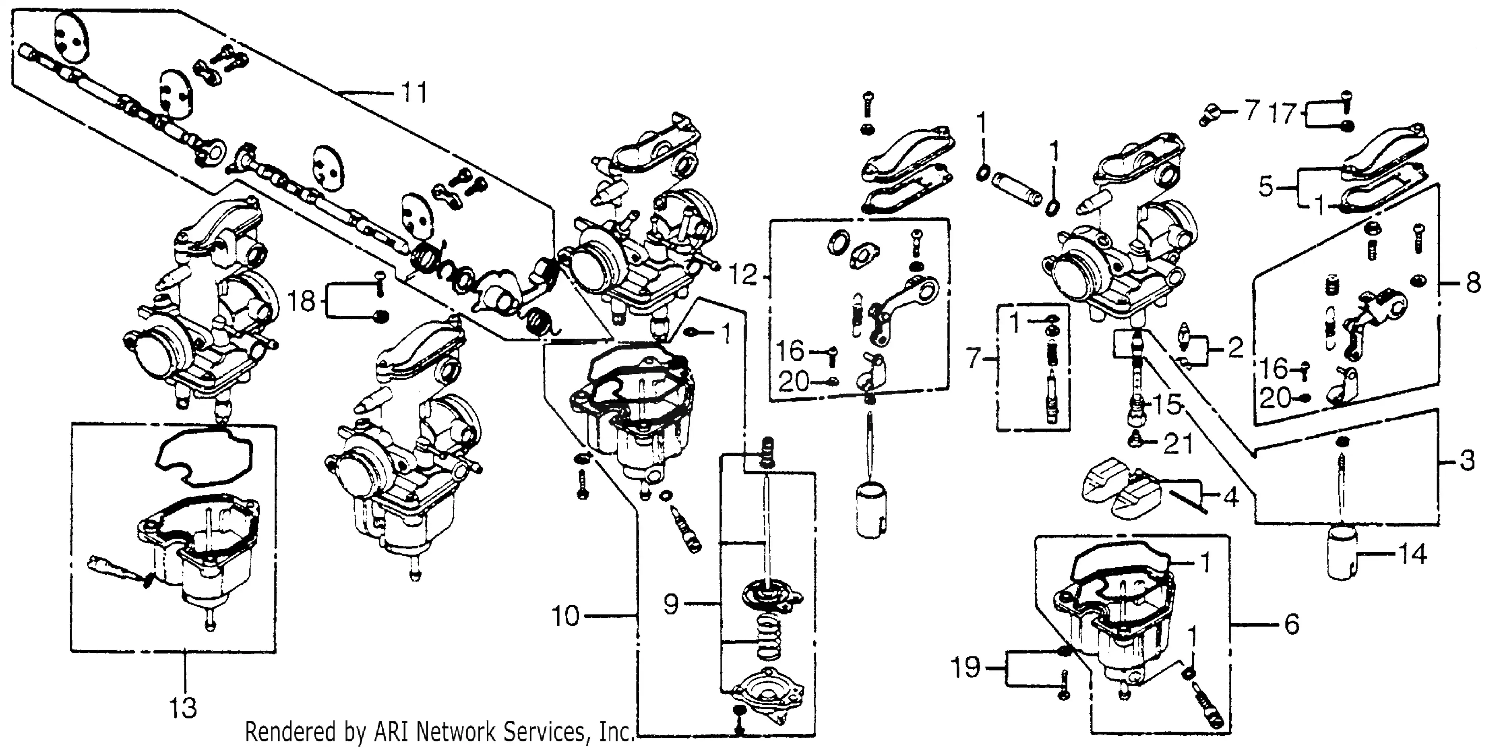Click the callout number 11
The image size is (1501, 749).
[414, 93]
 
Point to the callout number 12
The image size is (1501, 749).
[743, 275]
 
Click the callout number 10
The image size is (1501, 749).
[565, 616]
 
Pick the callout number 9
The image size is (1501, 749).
[671, 604]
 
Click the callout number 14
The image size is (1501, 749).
[1412, 555]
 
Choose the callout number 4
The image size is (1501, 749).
[1230, 497]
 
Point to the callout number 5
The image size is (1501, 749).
[1265, 187]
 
